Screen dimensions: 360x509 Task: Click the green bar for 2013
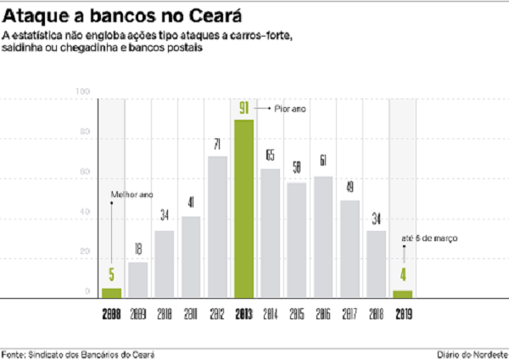coord(243,208)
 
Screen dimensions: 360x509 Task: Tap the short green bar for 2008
coord(111,292)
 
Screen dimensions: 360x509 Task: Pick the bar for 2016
coord(322,237)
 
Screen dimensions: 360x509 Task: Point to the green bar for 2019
coord(402,294)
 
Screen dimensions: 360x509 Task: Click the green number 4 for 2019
coord(402,274)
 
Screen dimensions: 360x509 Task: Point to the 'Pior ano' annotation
coord(290,110)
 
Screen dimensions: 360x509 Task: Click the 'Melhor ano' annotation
coord(131,195)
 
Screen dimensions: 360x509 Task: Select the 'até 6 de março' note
coord(429,239)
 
